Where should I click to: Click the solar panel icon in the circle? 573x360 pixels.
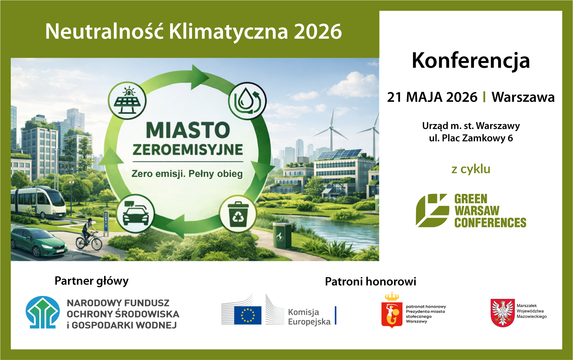(x=127, y=100)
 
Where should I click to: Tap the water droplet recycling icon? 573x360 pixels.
(x=247, y=101)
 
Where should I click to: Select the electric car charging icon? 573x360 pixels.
(x=135, y=214)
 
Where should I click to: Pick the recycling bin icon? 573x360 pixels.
(x=238, y=214)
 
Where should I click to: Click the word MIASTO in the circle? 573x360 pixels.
(x=188, y=130)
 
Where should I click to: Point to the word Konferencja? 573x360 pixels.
(x=471, y=61)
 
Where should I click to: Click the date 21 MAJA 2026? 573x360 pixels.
(x=432, y=97)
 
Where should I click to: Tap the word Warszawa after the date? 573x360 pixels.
(x=523, y=97)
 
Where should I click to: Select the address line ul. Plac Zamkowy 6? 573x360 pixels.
(x=471, y=138)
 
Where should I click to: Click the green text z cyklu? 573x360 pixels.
(x=471, y=169)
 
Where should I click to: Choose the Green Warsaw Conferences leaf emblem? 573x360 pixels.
(x=432, y=210)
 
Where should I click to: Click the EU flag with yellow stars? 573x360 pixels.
(x=248, y=315)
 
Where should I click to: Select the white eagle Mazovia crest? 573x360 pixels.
(x=502, y=312)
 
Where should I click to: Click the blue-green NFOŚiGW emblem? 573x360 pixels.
(x=42, y=312)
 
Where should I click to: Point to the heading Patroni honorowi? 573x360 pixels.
(x=371, y=281)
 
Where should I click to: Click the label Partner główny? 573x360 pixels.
(x=92, y=281)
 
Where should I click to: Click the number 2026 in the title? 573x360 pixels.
(x=318, y=32)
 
